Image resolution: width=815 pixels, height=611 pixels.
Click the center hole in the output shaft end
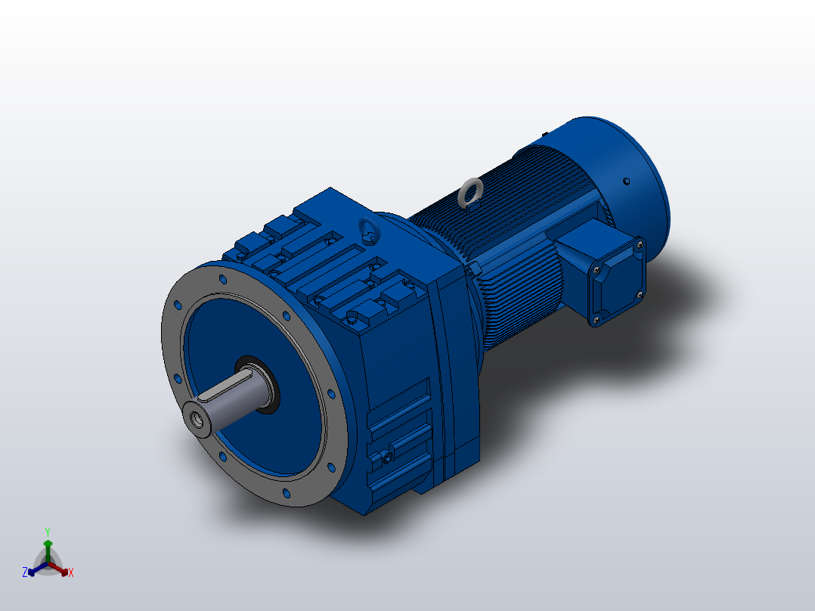(x=199, y=420)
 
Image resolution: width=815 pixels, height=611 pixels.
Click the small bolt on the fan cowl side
(x=627, y=181)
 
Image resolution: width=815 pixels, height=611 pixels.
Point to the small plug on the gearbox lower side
(x=387, y=458)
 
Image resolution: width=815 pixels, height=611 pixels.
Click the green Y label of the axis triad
(x=47, y=532)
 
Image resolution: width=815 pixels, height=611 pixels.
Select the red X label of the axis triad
(x=70, y=573)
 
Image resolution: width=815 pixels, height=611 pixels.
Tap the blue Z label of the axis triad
(x=25, y=572)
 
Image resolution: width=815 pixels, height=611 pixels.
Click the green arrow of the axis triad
(x=47, y=546)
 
